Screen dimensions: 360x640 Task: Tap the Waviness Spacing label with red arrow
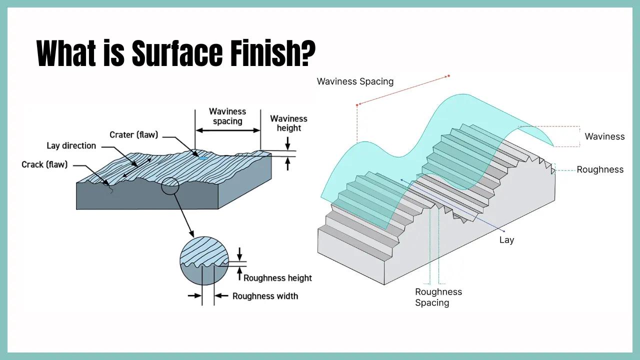click(x=355, y=81)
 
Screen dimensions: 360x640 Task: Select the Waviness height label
click(x=288, y=123)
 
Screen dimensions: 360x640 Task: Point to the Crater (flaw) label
click(x=133, y=134)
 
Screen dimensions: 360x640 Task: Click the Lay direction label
click(x=71, y=145)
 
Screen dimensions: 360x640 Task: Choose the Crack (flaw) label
click(x=44, y=164)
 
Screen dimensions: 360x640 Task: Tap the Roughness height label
click(x=277, y=278)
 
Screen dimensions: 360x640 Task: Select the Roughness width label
click(x=265, y=296)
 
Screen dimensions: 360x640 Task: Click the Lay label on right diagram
click(x=506, y=240)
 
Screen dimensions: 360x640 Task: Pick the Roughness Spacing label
click(x=438, y=297)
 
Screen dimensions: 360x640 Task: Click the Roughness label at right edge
click(x=600, y=169)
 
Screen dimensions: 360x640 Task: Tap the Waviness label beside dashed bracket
click(x=604, y=136)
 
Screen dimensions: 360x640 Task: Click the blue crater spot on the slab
click(x=203, y=158)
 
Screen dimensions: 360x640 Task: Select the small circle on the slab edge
click(x=170, y=185)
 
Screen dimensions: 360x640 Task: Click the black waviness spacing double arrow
click(x=227, y=130)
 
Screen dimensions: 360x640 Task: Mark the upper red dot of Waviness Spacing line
click(x=448, y=76)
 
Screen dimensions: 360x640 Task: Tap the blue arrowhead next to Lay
click(x=504, y=231)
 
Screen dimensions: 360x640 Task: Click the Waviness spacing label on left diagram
click(x=227, y=116)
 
